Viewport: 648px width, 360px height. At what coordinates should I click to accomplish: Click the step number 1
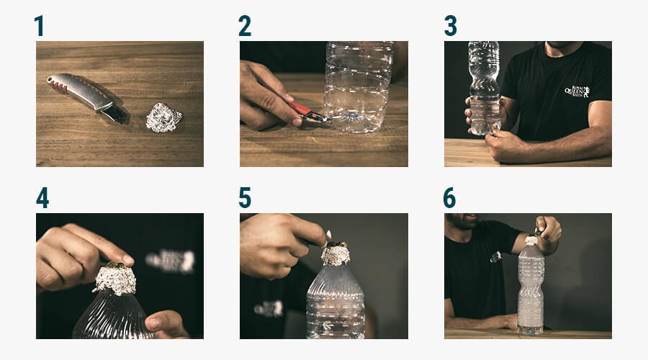tap(39, 26)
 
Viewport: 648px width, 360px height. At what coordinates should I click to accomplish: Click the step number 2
tap(245, 26)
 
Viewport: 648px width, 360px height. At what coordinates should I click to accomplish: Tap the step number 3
tap(451, 26)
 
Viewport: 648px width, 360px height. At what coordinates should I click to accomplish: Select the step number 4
tap(42, 197)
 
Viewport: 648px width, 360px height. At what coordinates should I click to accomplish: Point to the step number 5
tap(245, 197)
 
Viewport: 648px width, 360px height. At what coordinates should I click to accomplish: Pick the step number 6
tap(451, 197)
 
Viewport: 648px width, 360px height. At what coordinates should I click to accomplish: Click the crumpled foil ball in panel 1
tap(163, 117)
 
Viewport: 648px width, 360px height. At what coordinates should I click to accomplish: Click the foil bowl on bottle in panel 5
tap(335, 253)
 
